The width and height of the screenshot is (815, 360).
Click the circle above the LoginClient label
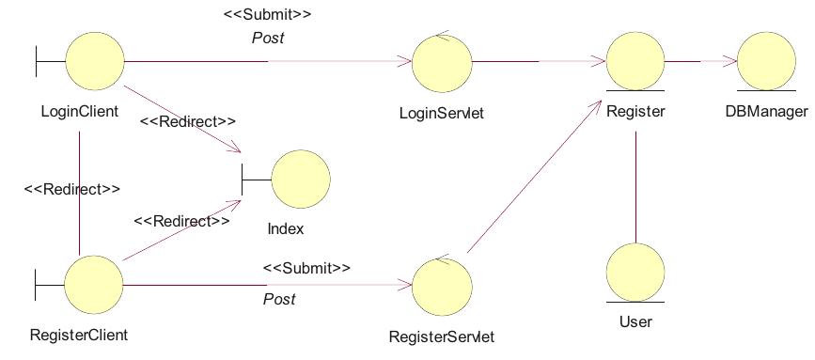(x=95, y=61)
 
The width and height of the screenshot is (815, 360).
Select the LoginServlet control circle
(x=442, y=63)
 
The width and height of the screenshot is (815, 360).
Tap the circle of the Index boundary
(x=301, y=179)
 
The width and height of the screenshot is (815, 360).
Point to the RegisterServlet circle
(x=443, y=286)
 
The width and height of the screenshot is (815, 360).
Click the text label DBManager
(x=766, y=112)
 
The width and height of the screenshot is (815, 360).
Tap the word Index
(x=286, y=228)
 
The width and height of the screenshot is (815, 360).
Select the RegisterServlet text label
(x=441, y=336)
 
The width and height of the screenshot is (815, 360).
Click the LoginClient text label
(x=80, y=112)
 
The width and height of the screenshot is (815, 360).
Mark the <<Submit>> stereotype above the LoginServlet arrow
(x=267, y=15)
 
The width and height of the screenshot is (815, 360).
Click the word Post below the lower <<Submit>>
(x=279, y=299)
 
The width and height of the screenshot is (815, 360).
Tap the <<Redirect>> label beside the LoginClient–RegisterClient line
(x=71, y=189)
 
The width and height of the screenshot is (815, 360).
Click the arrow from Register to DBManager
(x=700, y=61)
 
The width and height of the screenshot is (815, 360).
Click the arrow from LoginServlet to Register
(x=538, y=62)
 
